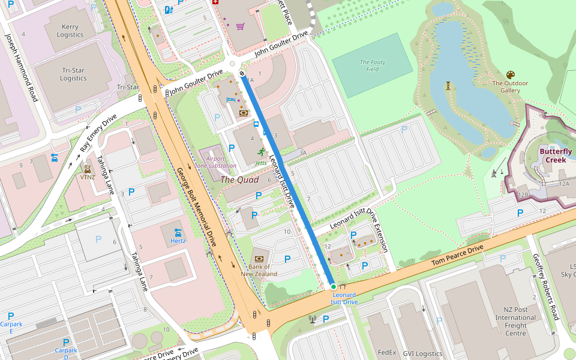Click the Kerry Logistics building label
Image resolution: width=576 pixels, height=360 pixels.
click(x=70, y=31)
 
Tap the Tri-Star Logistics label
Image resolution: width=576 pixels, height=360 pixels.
click(x=73, y=74)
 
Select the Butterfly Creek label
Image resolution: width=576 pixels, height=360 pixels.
click(x=555, y=155)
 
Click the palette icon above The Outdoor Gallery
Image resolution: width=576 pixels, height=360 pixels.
click(x=510, y=74)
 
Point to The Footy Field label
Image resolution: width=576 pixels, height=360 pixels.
click(x=372, y=65)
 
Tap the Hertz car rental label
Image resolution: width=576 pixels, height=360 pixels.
click(x=177, y=241)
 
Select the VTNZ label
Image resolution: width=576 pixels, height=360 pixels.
click(x=88, y=177)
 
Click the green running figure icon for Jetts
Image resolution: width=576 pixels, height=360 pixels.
click(x=261, y=152)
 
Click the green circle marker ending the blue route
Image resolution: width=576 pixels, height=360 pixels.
click(x=334, y=287)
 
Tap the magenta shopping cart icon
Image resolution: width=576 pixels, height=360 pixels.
click(x=240, y=26)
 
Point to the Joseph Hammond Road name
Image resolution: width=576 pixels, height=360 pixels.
click(x=22, y=66)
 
